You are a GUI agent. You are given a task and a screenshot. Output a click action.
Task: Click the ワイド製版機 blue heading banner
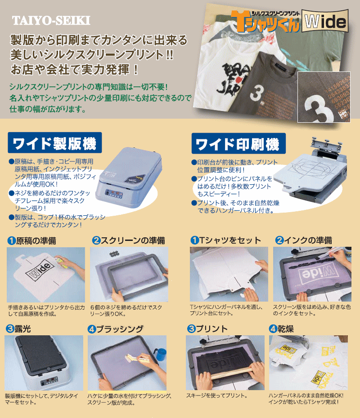(x=54, y=143)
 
